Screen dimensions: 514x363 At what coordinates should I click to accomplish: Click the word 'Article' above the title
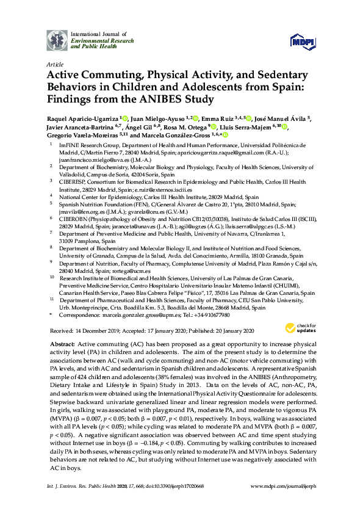[54, 63]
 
